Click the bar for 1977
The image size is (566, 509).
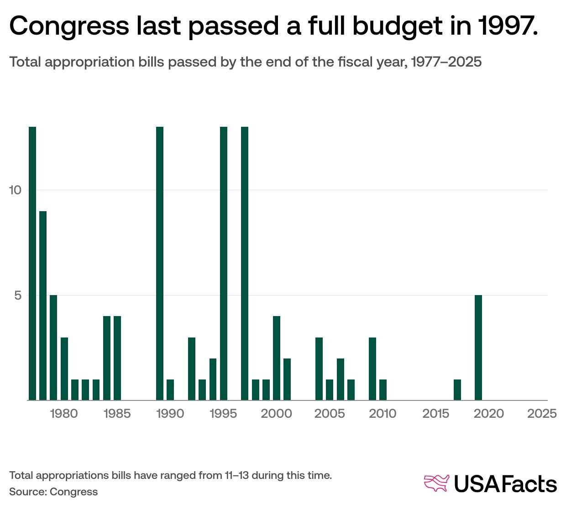pos(32,264)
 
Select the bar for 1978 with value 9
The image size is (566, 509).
pos(43,306)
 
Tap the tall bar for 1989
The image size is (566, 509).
pos(160,264)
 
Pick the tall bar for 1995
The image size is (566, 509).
pos(224,264)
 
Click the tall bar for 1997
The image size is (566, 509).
pos(245,264)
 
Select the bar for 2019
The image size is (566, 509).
pos(478,348)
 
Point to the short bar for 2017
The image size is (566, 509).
pos(457,390)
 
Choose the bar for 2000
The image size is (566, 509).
pos(277,358)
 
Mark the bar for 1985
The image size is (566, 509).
pos(117,358)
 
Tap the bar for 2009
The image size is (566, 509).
pos(372,369)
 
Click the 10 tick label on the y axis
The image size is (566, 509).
pos(16,190)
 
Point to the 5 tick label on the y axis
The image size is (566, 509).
pos(18,296)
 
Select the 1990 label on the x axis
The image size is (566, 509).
pos(170,414)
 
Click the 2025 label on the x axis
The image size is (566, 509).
pos(542,414)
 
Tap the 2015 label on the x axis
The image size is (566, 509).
pos(436,414)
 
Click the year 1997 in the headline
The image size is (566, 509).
pos(508,26)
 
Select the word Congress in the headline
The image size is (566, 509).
pos(69,26)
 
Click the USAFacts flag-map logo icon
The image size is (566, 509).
pos(437,483)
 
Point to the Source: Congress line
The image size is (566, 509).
pos(53,492)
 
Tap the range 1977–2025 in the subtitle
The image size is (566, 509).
pos(446,62)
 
